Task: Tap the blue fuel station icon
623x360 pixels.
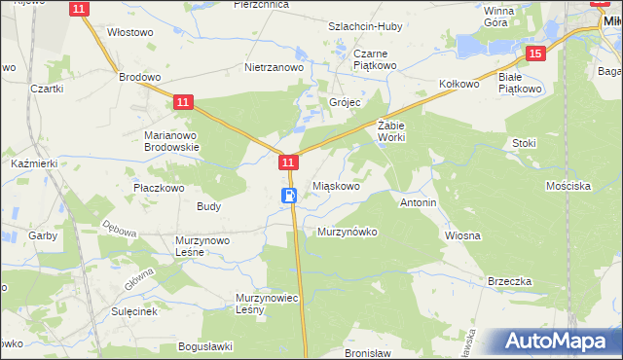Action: coord(289,196)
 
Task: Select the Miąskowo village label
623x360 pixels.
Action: coord(337,185)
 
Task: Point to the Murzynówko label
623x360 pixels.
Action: coord(347,232)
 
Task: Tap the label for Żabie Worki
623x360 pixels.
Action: coord(390,131)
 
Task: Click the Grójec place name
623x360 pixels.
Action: coord(344,101)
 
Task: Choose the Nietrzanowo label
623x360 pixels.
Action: coord(275,68)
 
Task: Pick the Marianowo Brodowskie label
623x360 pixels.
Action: coord(171,141)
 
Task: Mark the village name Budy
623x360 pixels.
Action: coord(208,206)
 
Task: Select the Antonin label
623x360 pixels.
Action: coord(419,202)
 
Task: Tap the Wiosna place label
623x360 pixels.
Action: coord(463,234)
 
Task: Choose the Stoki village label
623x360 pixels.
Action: coord(524,143)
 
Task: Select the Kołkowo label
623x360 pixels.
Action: coord(459,85)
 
